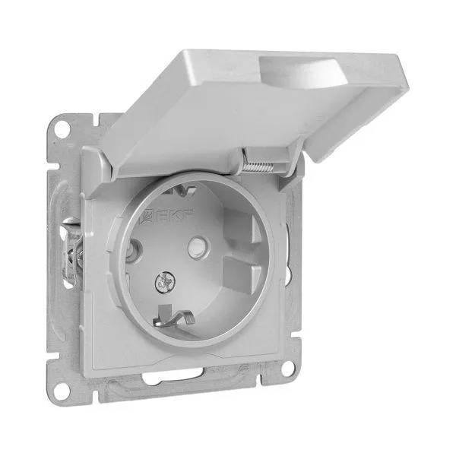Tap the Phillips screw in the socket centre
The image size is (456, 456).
[163, 282]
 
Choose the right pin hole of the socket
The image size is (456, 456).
[198, 248]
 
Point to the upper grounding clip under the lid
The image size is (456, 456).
[178, 190]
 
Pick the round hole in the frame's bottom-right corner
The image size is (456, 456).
[288, 369]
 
